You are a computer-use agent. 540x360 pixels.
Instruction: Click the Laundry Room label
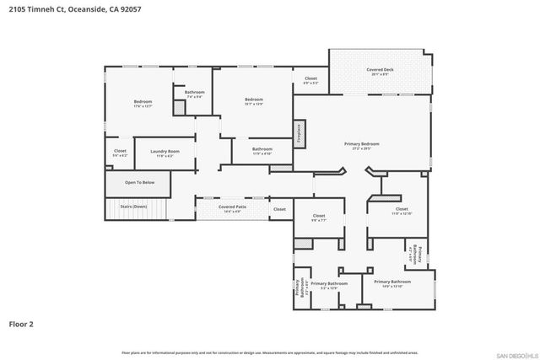tap(165, 152)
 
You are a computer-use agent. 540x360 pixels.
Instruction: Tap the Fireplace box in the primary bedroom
tap(299, 132)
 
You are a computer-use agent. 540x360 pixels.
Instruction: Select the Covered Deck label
tap(382, 69)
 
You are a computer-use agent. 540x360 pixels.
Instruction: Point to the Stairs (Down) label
tap(133, 206)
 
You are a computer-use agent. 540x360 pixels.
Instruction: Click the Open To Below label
tap(139, 182)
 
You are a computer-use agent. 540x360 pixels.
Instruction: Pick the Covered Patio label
tap(232, 207)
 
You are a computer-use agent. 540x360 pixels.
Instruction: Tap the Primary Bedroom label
tap(362, 144)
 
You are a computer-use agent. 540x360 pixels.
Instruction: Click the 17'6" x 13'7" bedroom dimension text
tap(142, 106)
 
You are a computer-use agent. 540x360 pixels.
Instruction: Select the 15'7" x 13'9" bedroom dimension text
tap(254, 104)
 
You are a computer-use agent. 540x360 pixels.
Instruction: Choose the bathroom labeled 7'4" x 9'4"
tap(195, 94)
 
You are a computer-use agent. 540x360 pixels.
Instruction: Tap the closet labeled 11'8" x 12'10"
tap(402, 211)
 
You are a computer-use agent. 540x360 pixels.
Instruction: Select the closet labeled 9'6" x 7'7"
tap(319, 217)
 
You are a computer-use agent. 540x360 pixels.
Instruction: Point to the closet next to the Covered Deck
tap(310, 80)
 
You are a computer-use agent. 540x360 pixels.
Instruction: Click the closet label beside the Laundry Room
tap(120, 153)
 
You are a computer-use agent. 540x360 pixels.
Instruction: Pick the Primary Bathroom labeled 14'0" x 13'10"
tap(392, 283)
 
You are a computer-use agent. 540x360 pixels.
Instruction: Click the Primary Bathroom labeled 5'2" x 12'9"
tap(329, 285)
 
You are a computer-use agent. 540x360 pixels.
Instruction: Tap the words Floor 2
tap(22, 323)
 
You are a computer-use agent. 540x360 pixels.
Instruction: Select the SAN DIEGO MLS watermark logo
tap(516, 353)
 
